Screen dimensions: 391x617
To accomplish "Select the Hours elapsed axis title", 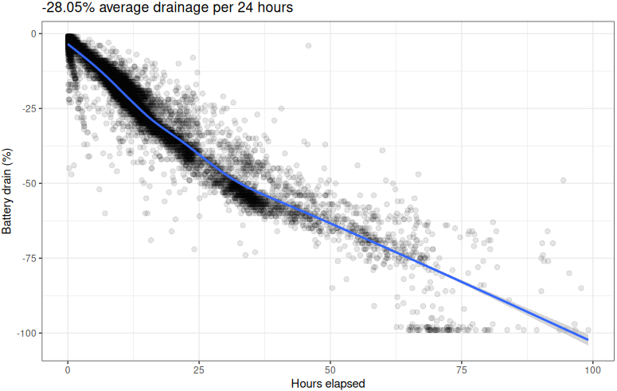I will (328, 384).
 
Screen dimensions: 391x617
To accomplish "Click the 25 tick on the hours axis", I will (199, 369).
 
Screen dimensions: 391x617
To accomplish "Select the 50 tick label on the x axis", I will (330, 369).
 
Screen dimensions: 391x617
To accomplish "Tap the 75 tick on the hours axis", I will (462, 369).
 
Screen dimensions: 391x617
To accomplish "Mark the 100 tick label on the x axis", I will (592, 369).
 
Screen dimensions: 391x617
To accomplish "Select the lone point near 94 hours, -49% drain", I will (563, 180).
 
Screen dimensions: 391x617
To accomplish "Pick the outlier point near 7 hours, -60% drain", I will (104, 213).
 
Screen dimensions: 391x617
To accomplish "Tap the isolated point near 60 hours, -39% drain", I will (382, 150).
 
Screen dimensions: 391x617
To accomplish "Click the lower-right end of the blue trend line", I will (588, 340).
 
